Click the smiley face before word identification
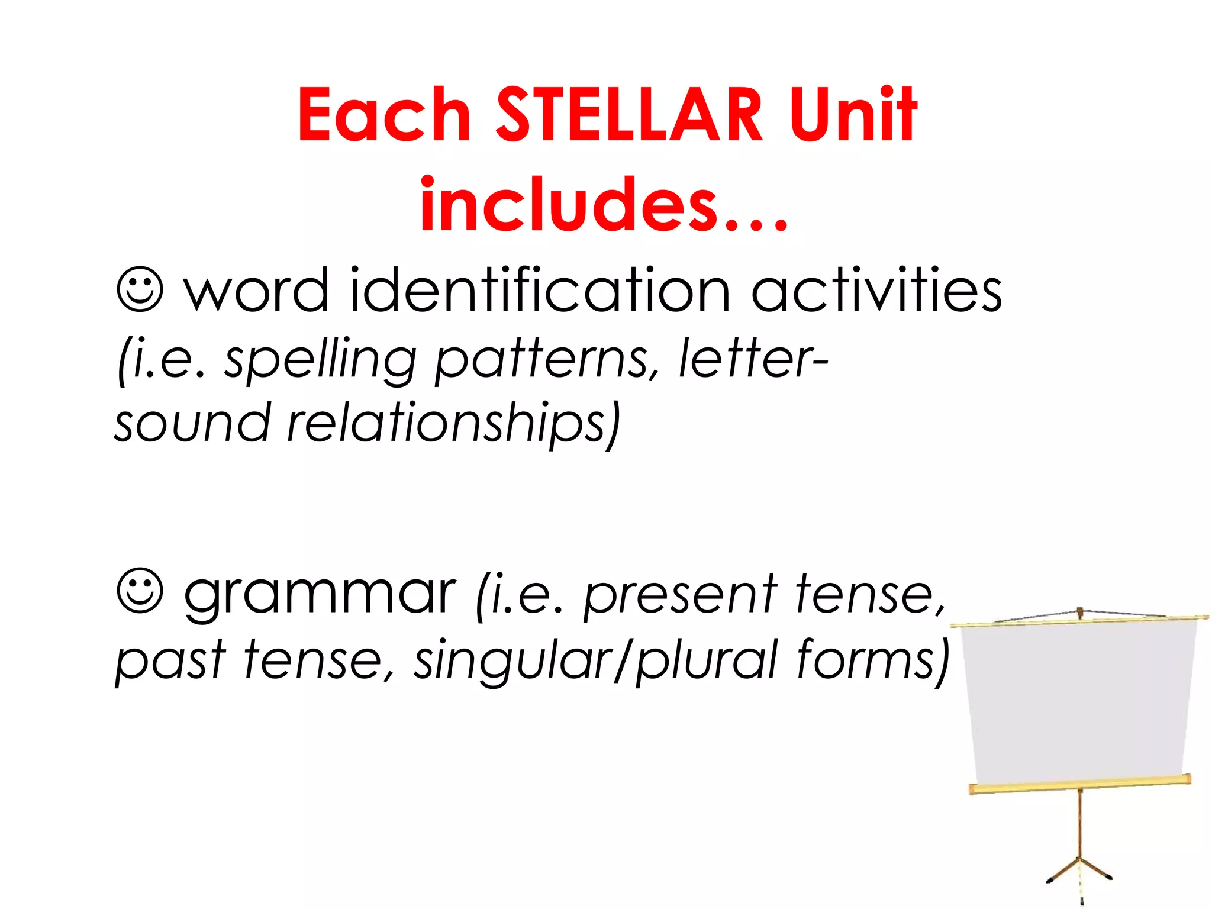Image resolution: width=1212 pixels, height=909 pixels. pyautogui.click(x=140, y=290)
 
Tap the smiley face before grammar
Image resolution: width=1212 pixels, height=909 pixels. pyautogui.click(x=140, y=591)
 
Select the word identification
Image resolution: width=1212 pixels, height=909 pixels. pyautogui.click(x=540, y=290)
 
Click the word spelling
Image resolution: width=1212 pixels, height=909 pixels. pyautogui.click(x=320, y=361)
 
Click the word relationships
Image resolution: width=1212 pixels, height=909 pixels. pyautogui.click(x=453, y=424)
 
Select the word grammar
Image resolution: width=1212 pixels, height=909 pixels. pyautogui.click(x=320, y=595)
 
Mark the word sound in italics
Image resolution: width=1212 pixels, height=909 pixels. pyautogui.click(x=192, y=424)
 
